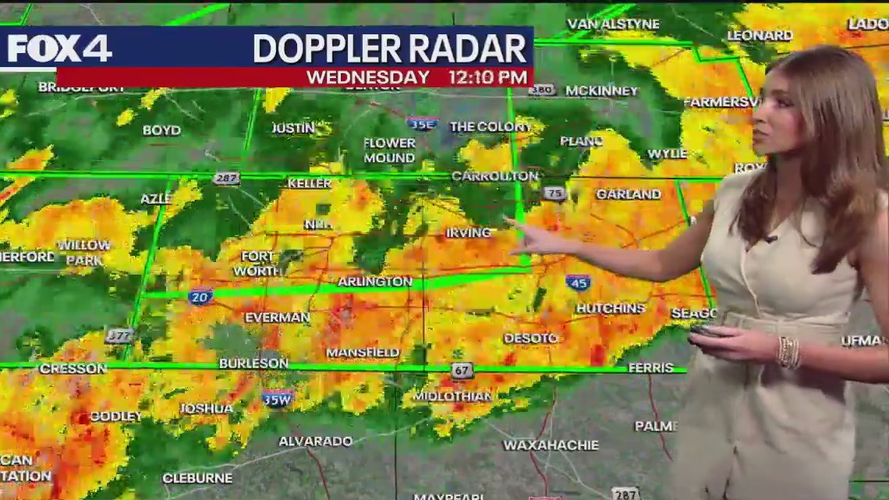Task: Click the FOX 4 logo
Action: click(x=59, y=48)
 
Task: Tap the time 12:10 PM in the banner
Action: click(x=487, y=77)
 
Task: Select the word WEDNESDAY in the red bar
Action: click(x=367, y=77)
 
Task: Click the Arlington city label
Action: click(x=374, y=282)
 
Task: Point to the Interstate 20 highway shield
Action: click(x=200, y=296)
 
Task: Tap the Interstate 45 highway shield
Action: click(x=578, y=282)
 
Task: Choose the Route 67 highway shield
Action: click(x=462, y=371)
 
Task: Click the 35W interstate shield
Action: click(x=278, y=397)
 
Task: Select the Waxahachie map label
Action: click(x=551, y=445)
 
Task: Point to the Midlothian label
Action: click(x=452, y=395)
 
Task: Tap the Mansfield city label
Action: click(x=363, y=353)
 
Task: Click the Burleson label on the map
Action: click(x=253, y=363)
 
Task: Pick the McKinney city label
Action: click(x=601, y=91)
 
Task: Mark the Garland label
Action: click(x=628, y=194)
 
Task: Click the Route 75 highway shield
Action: click(x=554, y=193)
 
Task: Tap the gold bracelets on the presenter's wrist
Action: click(x=788, y=353)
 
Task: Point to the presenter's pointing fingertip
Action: click(x=508, y=222)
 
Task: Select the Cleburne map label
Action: click(x=197, y=478)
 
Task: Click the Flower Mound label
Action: click(x=389, y=151)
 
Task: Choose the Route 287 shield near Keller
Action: click(x=226, y=179)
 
